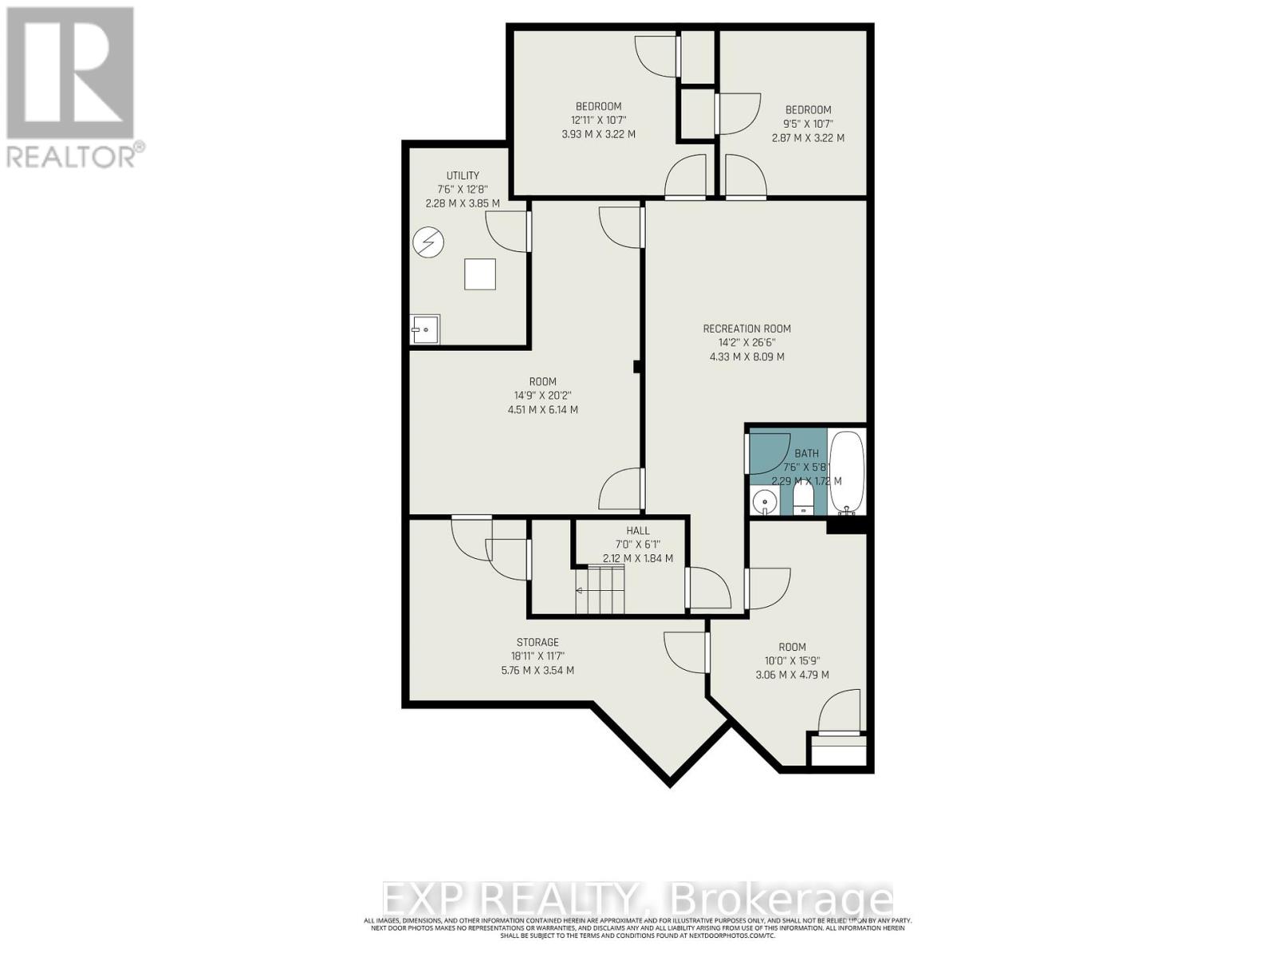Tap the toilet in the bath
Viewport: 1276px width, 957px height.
click(x=803, y=499)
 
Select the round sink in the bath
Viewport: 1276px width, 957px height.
click(x=764, y=502)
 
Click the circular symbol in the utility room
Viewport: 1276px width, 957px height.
click(x=428, y=242)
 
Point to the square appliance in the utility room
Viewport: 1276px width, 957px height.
click(x=479, y=274)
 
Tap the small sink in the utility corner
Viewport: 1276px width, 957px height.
click(x=425, y=329)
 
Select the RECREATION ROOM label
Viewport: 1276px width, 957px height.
click(x=746, y=329)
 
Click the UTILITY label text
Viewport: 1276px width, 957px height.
click(x=463, y=175)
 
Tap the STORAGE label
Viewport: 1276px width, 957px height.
click(x=538, y=642)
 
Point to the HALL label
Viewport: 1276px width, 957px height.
click(x=638, y=530)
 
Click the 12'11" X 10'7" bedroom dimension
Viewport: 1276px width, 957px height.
click(x=598, y=120)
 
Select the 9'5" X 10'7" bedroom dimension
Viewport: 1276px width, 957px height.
click(x=808, y=124)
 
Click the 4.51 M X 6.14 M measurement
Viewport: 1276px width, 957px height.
click(x=542, y=410)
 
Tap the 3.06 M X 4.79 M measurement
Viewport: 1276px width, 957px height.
click(x=792, y=675)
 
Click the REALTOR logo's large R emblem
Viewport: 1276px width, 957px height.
click(x=70, y=73)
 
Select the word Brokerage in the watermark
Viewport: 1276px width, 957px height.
click(x=782, y=900)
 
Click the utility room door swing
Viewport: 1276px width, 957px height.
click(x=508, y=232)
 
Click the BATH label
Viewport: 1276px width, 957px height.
click(x=806, y=453)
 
